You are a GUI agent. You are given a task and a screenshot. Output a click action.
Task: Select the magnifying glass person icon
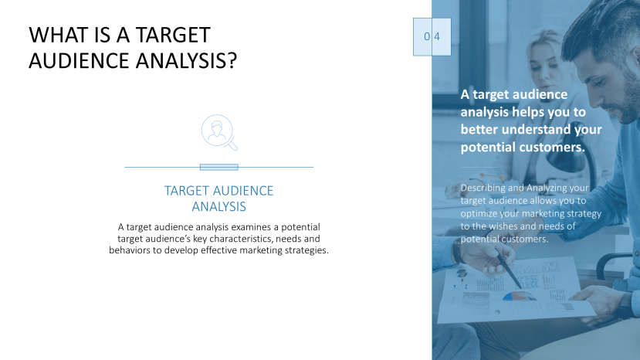coord(218,132)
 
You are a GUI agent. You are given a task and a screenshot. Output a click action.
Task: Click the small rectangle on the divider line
coord(218,167)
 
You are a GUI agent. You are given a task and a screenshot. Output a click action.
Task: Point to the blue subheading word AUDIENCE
coord(238,191)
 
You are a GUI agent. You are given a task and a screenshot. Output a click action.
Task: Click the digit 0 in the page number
coord(426,36)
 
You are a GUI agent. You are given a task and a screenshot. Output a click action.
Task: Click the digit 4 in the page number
coord(437,36)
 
